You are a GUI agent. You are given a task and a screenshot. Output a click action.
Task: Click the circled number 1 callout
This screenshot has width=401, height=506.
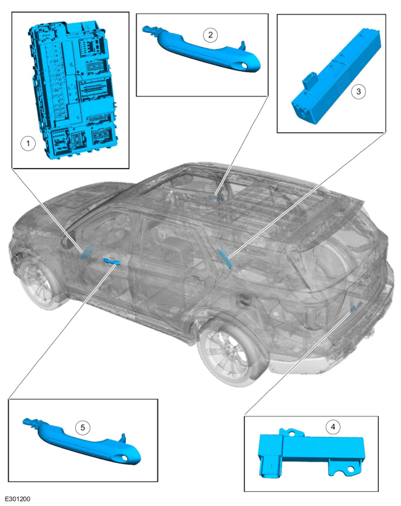28,143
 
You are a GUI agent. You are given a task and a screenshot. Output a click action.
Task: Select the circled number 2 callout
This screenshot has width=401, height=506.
210,35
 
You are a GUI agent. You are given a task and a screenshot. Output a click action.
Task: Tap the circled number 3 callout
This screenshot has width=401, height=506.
358,91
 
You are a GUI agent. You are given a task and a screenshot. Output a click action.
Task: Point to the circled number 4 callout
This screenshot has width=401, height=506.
333,427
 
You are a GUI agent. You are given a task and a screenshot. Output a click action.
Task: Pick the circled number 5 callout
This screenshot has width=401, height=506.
83,428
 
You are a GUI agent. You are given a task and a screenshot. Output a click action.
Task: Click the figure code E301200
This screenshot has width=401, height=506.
17,499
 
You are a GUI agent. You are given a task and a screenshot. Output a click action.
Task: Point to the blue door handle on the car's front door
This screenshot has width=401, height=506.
110,261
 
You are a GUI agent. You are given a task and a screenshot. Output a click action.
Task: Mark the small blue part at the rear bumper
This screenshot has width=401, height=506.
353,308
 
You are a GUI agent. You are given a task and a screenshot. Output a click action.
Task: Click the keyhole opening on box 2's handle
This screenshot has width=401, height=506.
244,65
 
